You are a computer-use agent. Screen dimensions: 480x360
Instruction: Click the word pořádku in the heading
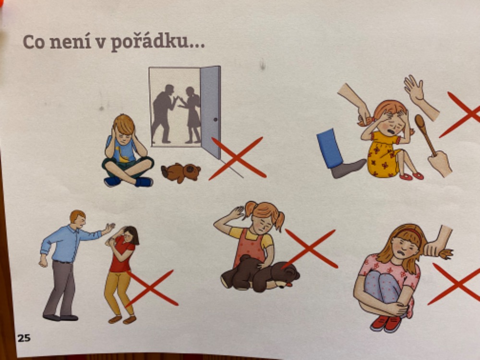tap(157, 43)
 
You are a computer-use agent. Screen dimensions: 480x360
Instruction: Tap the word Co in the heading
tap(34, 42)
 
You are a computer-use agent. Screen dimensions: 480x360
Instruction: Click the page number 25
tap(24, 338)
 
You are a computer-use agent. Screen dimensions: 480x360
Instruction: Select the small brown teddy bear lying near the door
tap(180, 173)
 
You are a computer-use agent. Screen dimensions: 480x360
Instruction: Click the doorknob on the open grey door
tap(216, 120)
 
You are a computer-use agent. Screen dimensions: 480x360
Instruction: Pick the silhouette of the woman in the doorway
tap(191, 115)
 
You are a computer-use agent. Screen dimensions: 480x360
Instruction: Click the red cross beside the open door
tap(237, 158)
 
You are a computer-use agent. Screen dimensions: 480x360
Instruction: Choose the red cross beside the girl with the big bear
tap(311, 249)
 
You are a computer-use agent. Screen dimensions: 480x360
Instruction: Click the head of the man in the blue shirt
tap(78, 218)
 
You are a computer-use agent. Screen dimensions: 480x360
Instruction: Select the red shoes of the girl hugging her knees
tap(386, 323)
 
